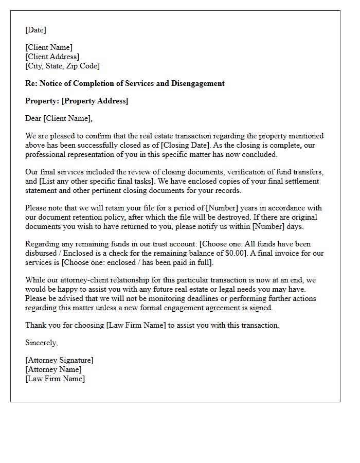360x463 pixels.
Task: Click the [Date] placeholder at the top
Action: pos(35,30)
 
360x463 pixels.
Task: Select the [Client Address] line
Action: pos(52,57)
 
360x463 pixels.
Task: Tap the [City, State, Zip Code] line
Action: pos(62,66)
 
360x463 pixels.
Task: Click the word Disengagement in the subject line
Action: pos(198,83)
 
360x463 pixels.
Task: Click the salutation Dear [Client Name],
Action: pos(59,118)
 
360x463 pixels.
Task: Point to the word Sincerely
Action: pos(41,343)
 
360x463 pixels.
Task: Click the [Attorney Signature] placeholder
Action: pos(59,360)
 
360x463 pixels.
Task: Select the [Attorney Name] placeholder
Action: pos(53,369)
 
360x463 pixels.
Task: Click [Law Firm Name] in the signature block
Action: pos(55,379)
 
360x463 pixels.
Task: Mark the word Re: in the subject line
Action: pos(31,83)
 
